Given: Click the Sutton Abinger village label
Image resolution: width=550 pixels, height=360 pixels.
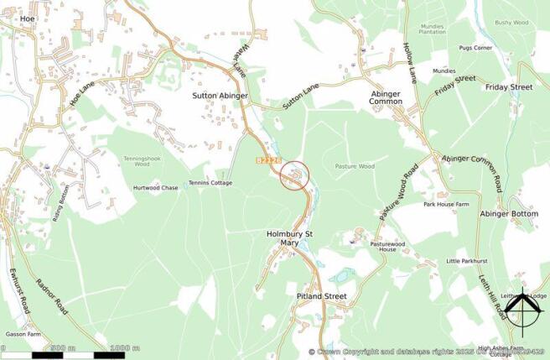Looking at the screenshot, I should (x=221, y=97).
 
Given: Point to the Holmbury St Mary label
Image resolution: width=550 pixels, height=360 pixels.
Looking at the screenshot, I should (x=289, y=237).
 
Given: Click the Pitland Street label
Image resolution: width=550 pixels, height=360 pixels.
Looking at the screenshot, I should (x=321, y=297).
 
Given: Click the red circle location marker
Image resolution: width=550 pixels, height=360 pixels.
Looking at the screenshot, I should (x=294, y=176).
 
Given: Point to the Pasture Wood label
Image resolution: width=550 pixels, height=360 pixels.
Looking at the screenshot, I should (x=355, y=167).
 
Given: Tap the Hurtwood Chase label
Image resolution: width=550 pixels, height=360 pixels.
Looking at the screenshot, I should (x=156, y=188).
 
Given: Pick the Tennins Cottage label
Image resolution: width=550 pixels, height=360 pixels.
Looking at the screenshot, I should (x=210, y=183).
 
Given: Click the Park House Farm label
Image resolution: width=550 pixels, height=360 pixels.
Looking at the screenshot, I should (x=444, y=205).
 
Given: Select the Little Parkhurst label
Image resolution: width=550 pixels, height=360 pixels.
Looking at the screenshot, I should (x=467, y=261).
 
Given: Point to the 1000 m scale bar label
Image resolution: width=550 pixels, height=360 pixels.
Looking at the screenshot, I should (x=124, y=347).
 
